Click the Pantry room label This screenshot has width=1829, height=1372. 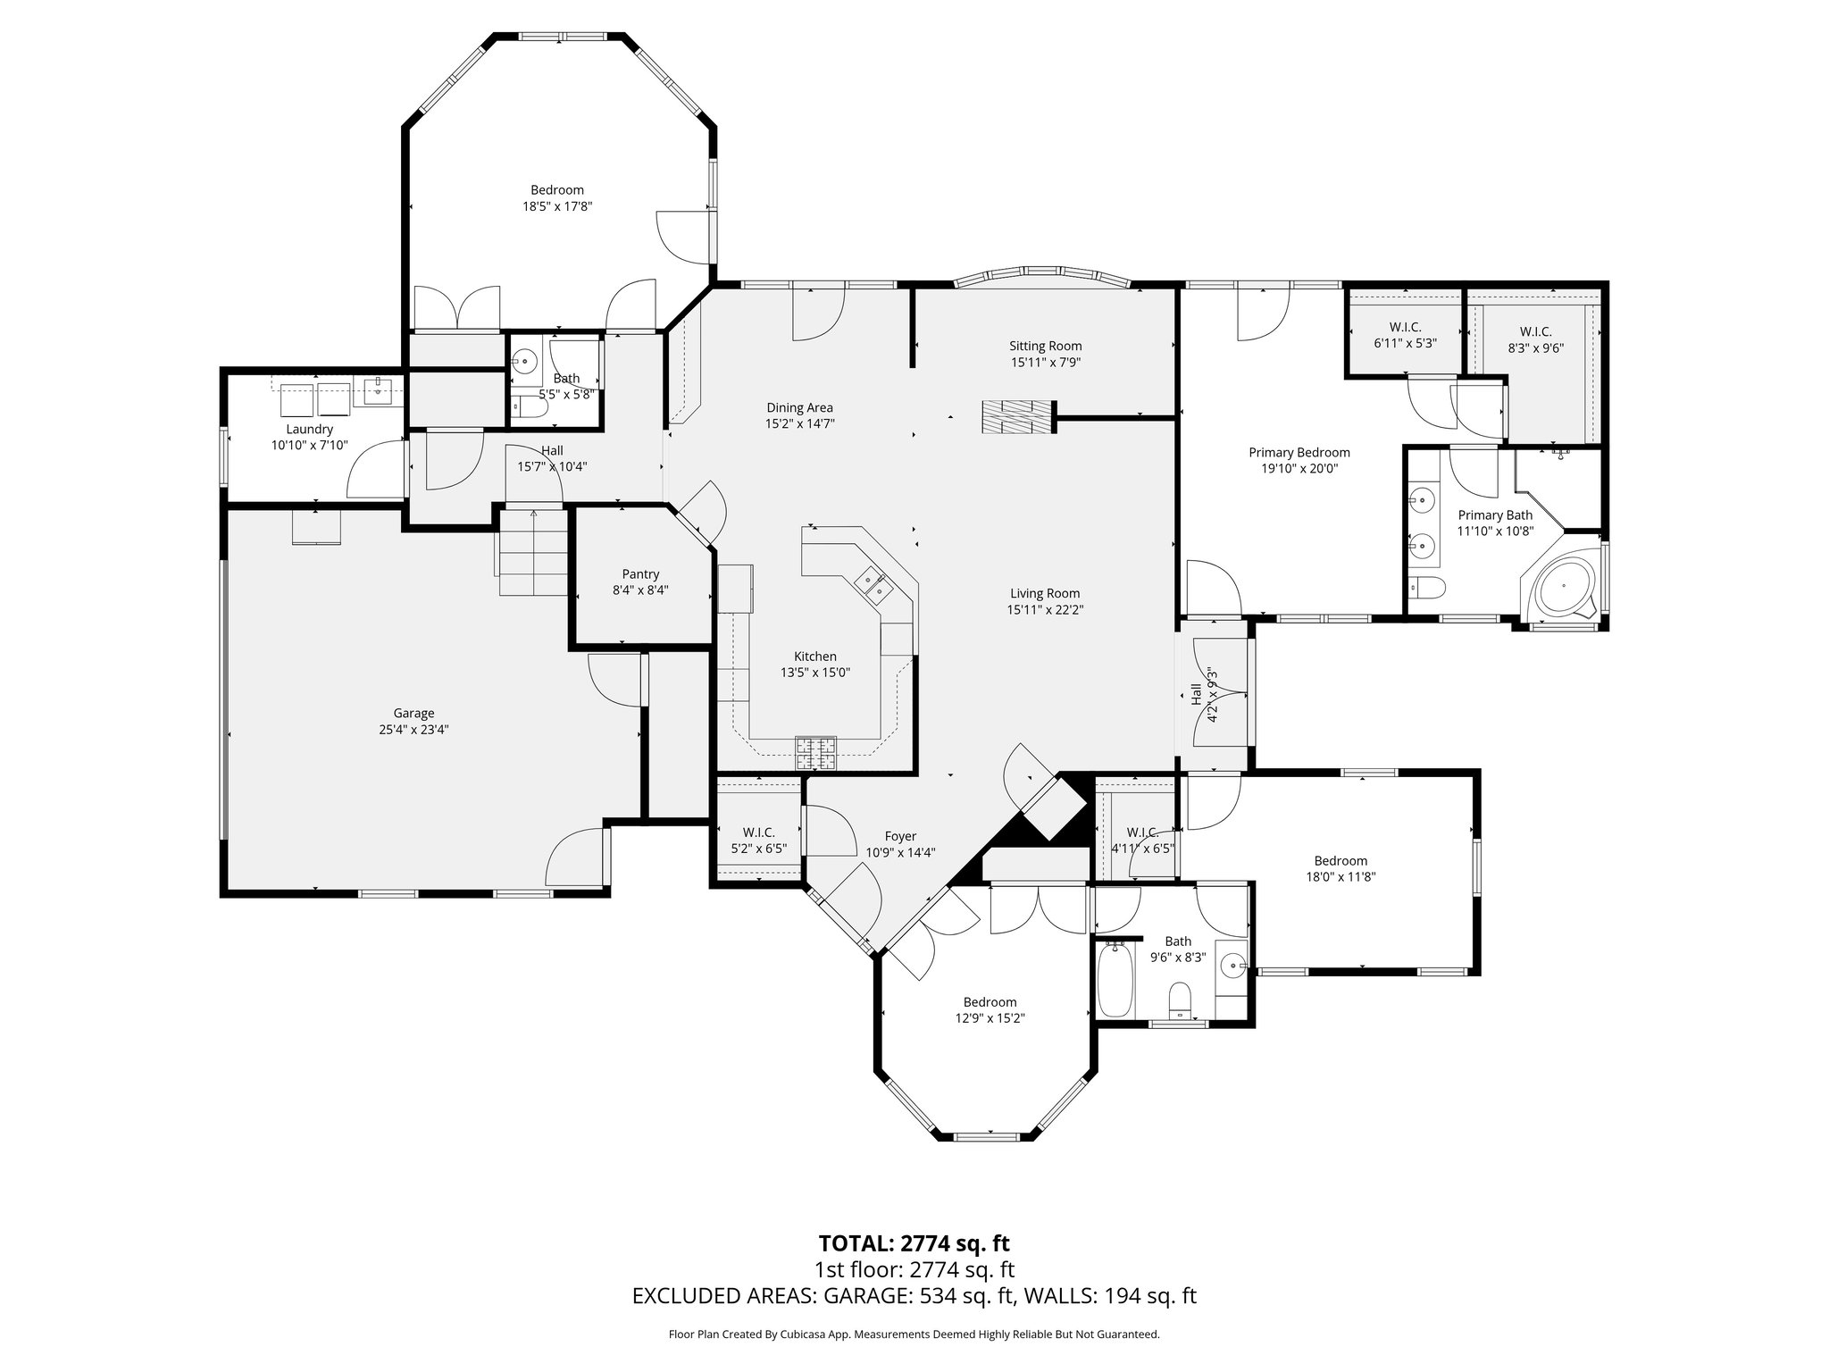coord(640,574)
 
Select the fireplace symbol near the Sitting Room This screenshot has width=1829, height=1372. coord(1018,417)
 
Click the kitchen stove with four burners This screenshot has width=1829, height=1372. coord(816,752)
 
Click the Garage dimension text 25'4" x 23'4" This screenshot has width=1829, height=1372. coord(413,729)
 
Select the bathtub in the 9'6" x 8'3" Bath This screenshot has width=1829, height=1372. coord(1115,981)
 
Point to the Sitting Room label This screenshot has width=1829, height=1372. coord(1045,346)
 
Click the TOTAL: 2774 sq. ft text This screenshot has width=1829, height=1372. coord(914,1243)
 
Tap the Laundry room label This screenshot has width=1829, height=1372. coord(309,429)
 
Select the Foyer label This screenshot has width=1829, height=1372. coord(900,836)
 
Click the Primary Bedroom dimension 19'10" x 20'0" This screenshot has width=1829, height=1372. coord(1299,468)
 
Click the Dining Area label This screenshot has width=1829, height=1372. coord(799,407)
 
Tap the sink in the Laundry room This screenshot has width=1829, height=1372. coord(379,389)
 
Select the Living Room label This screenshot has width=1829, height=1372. coord(1045,593)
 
